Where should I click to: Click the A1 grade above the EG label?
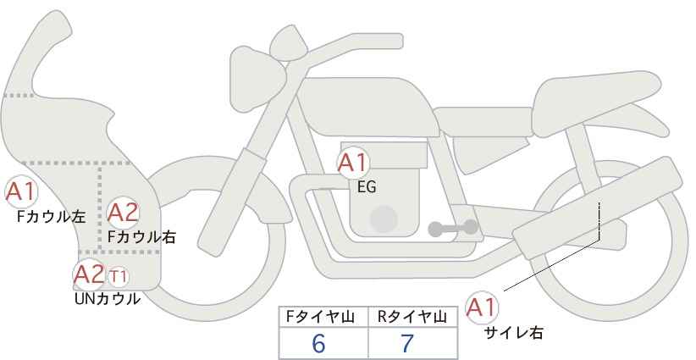point(353,163)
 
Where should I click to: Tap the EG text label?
point(367,187)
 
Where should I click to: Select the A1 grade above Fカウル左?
point(21,191)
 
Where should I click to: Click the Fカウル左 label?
point(52,217)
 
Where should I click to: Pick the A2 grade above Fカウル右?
point(124,212)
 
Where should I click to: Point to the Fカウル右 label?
point(141,237)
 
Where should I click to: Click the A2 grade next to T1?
point(89,274)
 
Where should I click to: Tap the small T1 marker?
point(118,277)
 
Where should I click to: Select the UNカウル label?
point(107,299)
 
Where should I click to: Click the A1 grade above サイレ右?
point(482,307)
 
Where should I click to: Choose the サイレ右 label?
point(514,333)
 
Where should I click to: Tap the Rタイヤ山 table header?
point(412,317)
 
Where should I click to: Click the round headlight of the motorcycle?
point(258,79)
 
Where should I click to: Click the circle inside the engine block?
point(384,219)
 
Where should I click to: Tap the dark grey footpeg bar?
point(453,228)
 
